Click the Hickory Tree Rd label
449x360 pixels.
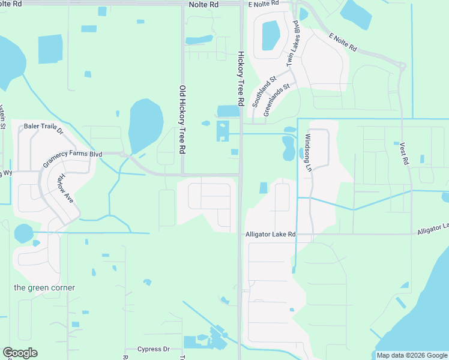tap(240, 79)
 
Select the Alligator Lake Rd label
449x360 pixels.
tap(271, 234)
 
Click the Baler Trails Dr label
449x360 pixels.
tap(44, 127)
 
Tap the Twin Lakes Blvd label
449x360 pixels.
tap(294, 43)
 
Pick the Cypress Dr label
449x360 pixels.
tap(154, 349)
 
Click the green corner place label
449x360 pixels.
tap(45, 287)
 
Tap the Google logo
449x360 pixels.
tap(20, 353)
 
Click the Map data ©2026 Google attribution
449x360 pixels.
tap(411, 355)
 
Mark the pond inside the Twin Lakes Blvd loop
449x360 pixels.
tap(271, 35)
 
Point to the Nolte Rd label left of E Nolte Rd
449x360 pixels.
tap(203, 4)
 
